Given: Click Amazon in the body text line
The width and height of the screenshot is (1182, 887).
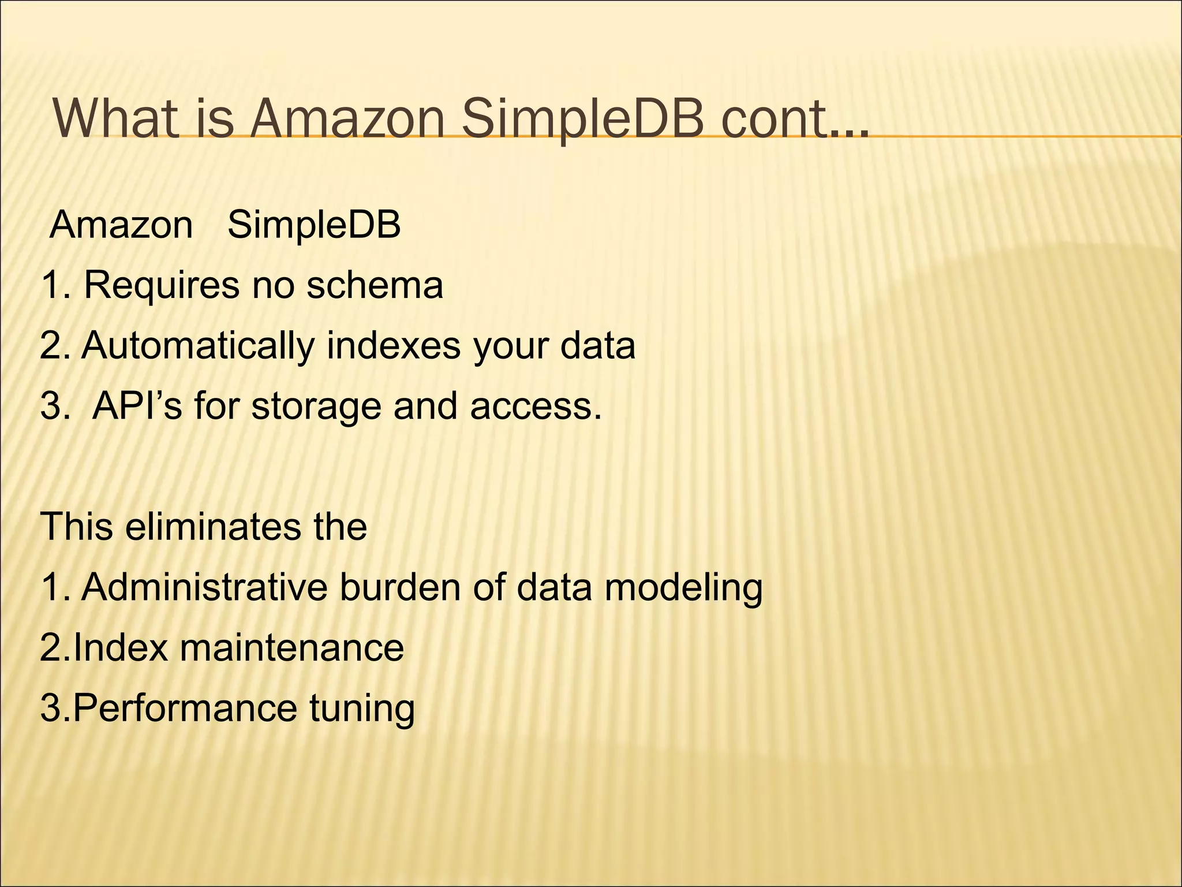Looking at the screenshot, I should coord(122,225).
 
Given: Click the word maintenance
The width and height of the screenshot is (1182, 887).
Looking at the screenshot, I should coord(291,647).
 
